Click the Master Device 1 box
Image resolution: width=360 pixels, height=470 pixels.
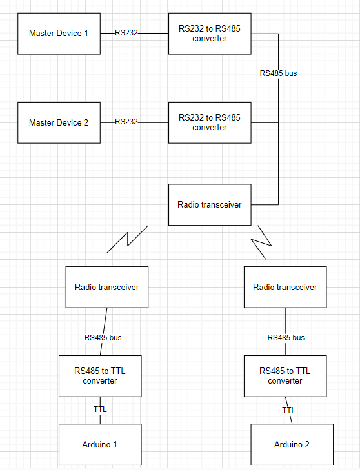[x=59, y=33]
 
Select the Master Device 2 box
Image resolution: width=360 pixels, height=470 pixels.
[x=59, y=122]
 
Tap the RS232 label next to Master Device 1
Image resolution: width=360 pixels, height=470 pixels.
[x=126, y=32]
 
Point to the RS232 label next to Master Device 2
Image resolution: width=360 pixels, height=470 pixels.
[x=126, y=122]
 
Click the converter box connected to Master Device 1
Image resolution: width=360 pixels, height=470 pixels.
[x=210, y=33]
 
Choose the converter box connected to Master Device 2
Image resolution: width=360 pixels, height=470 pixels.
[x=210, y=122]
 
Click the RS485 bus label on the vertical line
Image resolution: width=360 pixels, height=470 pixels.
[x=278, y=73]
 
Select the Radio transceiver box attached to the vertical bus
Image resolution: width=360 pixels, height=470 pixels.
[x=210, y=205]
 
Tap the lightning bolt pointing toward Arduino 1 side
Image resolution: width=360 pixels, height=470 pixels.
[x=128, y=239]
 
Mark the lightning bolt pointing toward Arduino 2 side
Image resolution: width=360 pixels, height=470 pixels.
[x=262, y=242]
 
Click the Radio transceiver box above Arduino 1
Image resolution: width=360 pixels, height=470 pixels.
[x=107, y=287]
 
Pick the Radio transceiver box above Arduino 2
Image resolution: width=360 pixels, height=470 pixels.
[x=285, y=287]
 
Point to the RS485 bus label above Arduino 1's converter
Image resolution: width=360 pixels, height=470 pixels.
[x=103, y=337]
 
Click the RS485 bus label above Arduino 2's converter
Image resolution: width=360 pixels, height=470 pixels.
[x=286, y=337]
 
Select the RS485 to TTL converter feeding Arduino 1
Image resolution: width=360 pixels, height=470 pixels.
[x=100, y=376]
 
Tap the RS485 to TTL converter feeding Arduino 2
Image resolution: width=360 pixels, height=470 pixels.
[x=285, y=376]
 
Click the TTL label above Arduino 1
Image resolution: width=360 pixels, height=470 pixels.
[x=100, y=409]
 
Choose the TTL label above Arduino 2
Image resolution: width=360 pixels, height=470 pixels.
[x=288, y=410]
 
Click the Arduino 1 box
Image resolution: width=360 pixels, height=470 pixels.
[x=100, y=444]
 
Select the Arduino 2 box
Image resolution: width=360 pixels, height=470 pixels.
[x=292, y=444]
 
